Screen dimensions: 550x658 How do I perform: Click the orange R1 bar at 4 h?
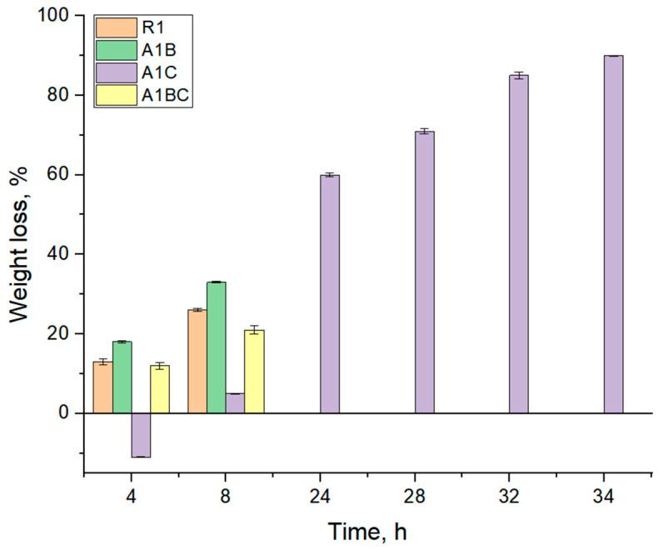point(103,387)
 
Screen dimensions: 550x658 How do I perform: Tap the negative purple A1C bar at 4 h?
point(141,435)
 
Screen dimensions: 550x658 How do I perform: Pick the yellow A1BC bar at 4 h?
point(160,389)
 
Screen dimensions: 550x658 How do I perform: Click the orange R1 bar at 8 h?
point(197,362)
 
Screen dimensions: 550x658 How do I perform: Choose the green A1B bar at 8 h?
point(217,347)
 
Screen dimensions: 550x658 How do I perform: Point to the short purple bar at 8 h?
point(235,403)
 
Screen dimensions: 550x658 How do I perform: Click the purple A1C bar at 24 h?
point(330,294)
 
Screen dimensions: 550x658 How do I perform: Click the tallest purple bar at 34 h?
point(613,234)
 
